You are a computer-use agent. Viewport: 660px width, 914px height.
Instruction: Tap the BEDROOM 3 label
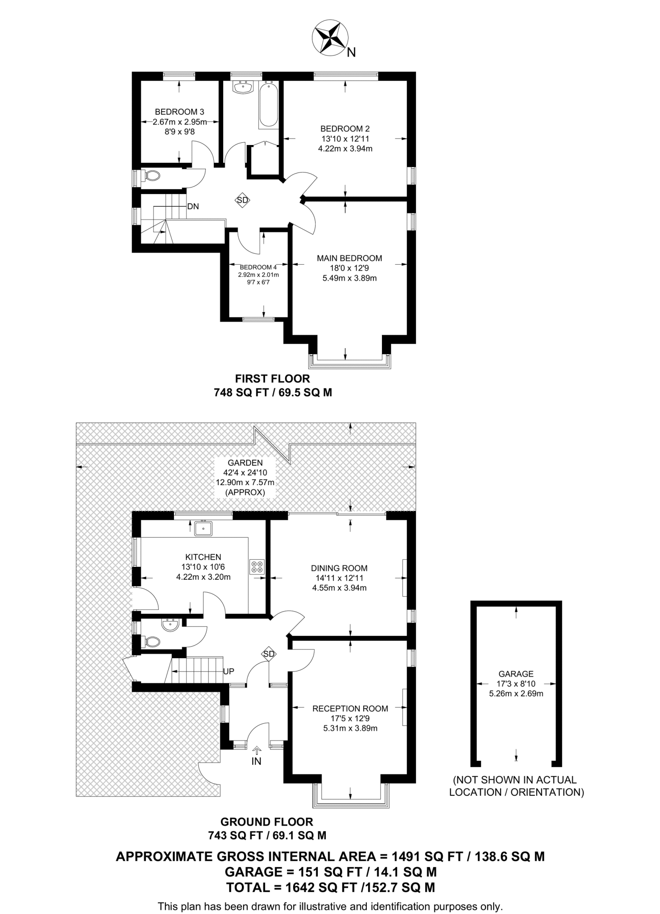pyautogui.click(x=179, y=112)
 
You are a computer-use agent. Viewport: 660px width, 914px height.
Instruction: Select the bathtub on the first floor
pyautogui.click(x=268, y=105)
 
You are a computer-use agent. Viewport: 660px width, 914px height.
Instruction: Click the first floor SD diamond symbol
pyautogui.click(x=242, y=200)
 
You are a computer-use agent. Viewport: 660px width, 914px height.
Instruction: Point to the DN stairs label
pyautogui.click(x=193, y=207)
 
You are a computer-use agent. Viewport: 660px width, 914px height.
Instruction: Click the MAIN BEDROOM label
pyautogui.click(x=349, y=258)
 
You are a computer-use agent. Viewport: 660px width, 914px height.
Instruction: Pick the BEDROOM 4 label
pyautogui.click(x=258, y=267)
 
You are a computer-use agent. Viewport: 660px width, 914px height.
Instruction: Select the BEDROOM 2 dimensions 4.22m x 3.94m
pyautogui.click(x=345, y=149)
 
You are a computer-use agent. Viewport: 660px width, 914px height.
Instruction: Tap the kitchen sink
pyautogui.click(x=203, y=528)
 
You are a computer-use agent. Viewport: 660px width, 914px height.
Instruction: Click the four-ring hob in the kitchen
pyautogui.click(x=257, y=566)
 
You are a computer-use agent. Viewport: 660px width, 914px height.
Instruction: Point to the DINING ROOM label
pyautogui.click(x=339, y=568)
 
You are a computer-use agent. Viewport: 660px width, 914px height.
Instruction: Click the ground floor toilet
pyautogui.click(x=151, y=642)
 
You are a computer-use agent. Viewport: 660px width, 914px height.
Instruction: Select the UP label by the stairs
pyautogui.click(x=228, y=671)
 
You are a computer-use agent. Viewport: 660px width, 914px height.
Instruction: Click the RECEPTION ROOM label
pyautogui.click(x=350, y=708)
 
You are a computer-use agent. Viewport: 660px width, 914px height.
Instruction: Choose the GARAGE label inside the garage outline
pyautogui.click(x=516, y=674)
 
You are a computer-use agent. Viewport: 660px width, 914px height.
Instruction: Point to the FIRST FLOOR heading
pyautogui.click(x=273, y=378)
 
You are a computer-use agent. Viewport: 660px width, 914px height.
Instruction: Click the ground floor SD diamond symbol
pyautogui.click(x=269, y=654)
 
